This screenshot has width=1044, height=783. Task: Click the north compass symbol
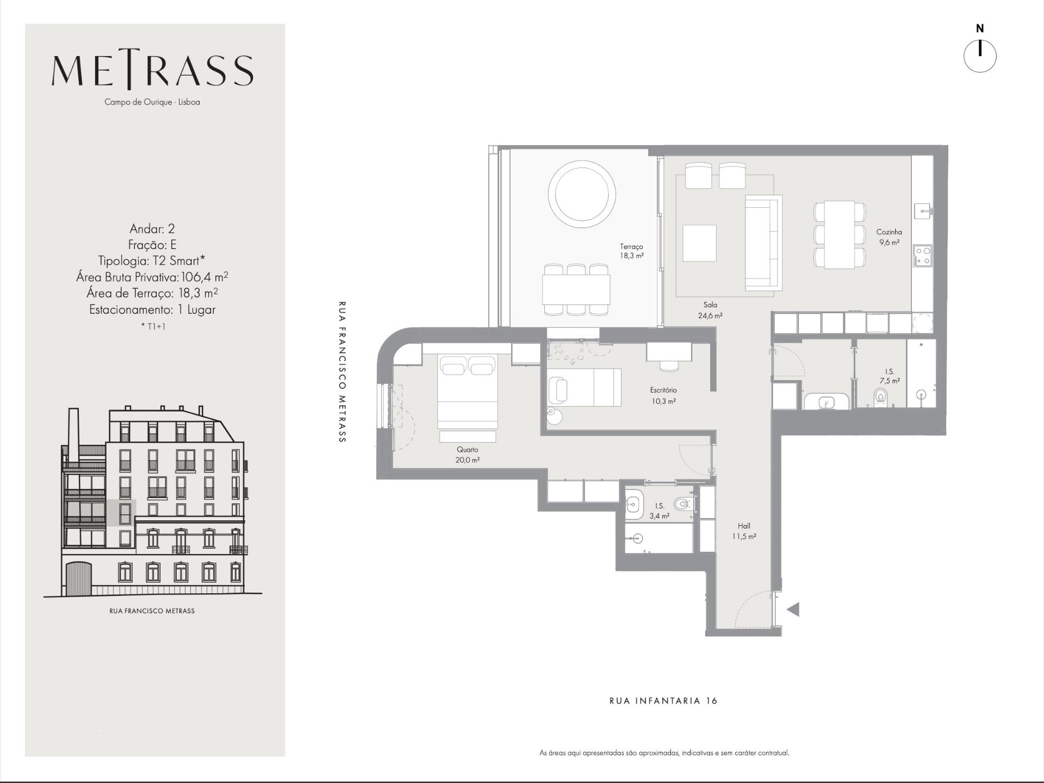tap(980, 55)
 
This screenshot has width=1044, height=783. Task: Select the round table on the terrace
tap(582, 194)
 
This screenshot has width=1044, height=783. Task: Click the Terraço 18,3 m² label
tap(631, 251)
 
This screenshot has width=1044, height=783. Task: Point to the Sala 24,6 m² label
tap(710, 310)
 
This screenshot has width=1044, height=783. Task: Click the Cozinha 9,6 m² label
tap(889, 237)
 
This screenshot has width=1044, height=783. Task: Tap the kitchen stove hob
tap(922, 256)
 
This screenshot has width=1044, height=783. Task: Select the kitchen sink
tap(923, 210)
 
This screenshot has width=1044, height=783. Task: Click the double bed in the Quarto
tap(468, 391)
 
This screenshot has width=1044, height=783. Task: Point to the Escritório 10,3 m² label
tap(663, 396)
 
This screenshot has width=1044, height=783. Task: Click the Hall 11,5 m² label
tap(744, 531)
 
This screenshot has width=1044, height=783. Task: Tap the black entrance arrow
tap(793, 610)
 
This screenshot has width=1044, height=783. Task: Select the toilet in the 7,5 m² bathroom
tap(881, 396)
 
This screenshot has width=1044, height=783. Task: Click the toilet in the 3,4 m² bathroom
tap(683, 504)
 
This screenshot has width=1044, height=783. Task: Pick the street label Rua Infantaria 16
tap(663, 701)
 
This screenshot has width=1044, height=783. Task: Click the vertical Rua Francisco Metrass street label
tap(342, 372)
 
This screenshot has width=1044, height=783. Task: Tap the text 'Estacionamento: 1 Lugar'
tap(152, 310)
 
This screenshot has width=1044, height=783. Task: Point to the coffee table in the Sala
tap(699, 243)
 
